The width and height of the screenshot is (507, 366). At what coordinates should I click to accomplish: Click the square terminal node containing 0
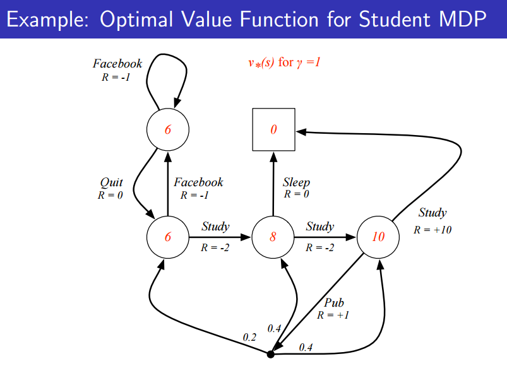273,129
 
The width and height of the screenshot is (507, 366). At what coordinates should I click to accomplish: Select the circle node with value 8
273,237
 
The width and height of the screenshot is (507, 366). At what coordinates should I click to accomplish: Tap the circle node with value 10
378,237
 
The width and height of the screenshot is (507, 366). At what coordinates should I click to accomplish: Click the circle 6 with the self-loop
168,129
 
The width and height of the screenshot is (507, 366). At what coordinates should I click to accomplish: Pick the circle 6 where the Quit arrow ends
168,237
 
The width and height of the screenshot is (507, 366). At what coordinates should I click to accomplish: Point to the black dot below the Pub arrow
271,355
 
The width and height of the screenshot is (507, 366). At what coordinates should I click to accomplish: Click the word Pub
334,303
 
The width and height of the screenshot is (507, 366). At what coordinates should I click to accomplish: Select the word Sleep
296,182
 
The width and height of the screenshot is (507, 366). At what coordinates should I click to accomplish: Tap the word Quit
112,182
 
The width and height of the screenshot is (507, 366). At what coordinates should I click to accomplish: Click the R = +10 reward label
432,230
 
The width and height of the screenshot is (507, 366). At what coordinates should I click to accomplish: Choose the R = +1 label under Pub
333,315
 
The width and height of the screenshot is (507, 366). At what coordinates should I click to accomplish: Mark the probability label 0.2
250,338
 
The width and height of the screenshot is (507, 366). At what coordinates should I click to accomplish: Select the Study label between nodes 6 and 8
215,227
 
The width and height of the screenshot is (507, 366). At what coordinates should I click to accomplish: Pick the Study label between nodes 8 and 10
320,227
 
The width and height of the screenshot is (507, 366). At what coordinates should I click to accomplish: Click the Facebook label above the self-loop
117,63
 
